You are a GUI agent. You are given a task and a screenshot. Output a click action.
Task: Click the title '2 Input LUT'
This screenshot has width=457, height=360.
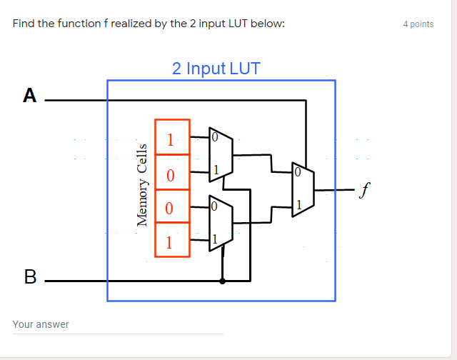216,69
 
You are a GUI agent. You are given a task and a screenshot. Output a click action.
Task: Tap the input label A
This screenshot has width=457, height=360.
29,95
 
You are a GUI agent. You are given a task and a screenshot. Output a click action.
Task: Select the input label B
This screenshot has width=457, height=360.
30,276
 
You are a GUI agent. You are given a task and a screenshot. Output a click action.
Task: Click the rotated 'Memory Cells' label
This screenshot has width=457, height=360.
142,185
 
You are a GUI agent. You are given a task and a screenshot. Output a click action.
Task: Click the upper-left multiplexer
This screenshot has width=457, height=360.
219,154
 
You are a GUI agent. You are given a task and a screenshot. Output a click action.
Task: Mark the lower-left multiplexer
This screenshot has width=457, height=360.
219,223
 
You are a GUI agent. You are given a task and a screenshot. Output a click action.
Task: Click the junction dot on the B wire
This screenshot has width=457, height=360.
223,281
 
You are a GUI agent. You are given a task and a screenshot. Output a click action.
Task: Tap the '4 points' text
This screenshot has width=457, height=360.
418,24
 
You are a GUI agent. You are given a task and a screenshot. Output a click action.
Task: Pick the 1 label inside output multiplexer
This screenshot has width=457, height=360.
298,206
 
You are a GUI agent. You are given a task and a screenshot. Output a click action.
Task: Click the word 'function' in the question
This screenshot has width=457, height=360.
81,24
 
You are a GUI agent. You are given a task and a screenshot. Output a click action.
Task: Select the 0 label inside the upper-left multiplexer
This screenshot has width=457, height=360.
214,137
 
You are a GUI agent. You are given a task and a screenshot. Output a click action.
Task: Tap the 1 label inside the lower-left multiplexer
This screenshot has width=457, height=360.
214,239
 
